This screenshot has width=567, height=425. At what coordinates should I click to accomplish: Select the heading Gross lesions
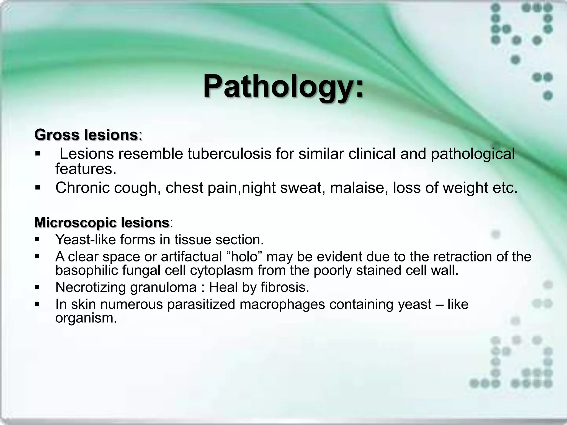pyautogui.click(x=86, y=135)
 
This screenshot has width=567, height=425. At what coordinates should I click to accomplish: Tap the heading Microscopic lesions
pyautogui.click(x=102, y=222)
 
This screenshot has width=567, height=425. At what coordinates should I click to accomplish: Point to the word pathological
pyautogui.click(x=473, y=154)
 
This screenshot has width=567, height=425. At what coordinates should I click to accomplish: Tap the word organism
pyautogui.click(x=86, y=318)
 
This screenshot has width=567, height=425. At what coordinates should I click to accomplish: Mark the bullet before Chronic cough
pyautogui.click(x=38, y=188)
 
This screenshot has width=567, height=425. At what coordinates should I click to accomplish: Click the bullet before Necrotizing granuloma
pyautogui.click(x=38, y=287)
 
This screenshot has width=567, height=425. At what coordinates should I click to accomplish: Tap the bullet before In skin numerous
pyautogui.click(x=38, y=304)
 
